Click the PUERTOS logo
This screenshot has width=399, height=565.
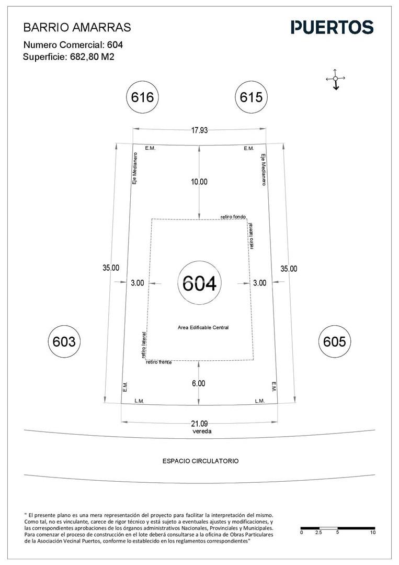click(x=332, y=27)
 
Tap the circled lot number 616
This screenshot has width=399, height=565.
click(x=142, y=97)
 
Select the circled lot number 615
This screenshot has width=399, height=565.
click(x=251, y=97)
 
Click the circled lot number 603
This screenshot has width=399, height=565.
click(x=64, y=341)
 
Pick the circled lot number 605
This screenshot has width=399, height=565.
click(x=334, y=341)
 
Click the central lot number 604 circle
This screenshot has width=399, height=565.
click(x=199, y=283)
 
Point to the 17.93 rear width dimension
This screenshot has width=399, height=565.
click(x=199, y=130)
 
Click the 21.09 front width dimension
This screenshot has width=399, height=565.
click(x=199, y=424)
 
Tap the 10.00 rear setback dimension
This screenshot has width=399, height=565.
click(x=199, y=182)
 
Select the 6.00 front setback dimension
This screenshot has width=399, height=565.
click(x=199, y=383)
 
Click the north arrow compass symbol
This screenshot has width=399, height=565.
click(x=335, y=79)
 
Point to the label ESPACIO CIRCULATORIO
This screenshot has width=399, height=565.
click(x=200, y=461)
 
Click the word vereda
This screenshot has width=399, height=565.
click(x=202, y=431)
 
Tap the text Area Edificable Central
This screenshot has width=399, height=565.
click(x=203, y=328)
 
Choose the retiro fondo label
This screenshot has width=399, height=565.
click(x=233, y=217)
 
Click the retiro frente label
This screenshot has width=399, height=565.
click(x=158, y=362)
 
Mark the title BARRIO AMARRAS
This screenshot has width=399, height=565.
click(x=77, y=27)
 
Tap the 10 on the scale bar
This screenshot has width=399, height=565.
click(x=372, y=533)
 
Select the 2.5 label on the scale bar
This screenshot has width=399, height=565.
click(x=318, y=533)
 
